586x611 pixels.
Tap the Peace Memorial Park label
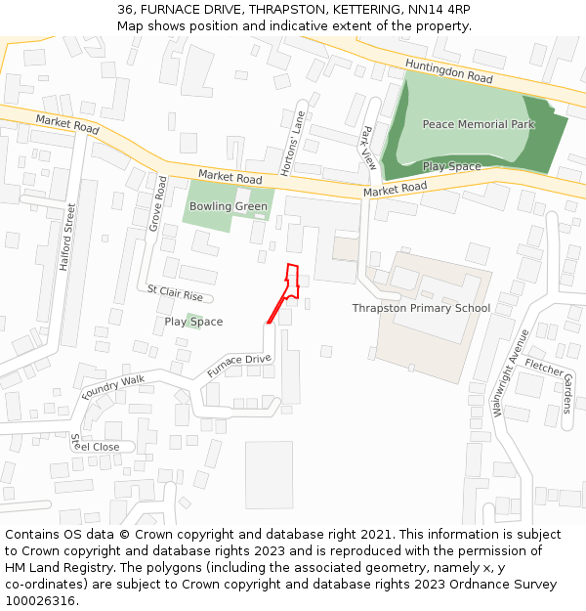click(x=479, y=125)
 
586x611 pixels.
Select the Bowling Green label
click(x=229, y=207)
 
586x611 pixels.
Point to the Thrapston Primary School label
click(x=421, y=309)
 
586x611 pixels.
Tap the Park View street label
click(x=368, y=148)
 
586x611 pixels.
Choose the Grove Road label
click(x=158, y=203)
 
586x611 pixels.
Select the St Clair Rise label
click(x=175, y=293)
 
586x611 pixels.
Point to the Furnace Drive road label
click(x=238, y=366)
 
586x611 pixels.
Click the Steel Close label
click(x=95, y=446)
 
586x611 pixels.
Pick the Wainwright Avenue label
click(x=511, y=373)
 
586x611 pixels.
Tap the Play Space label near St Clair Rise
click(x=193, y=322)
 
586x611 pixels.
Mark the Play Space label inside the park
click(x=451, y=167)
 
